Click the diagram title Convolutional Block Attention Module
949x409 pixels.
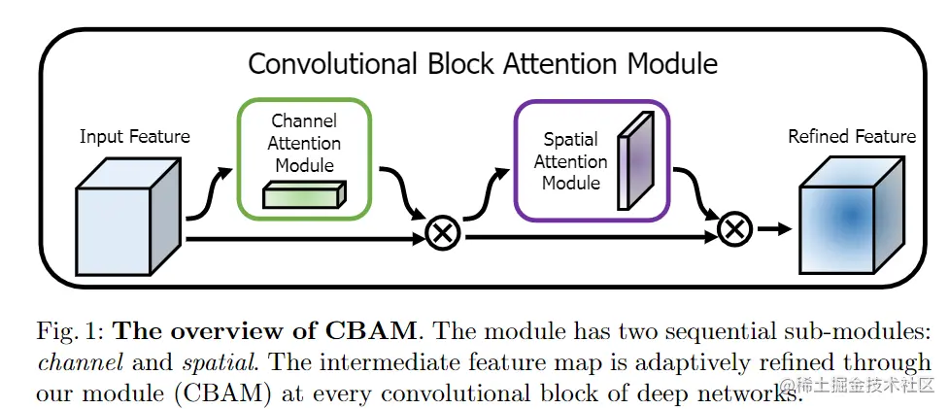(x=483, y=64)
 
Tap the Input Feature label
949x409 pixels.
(x=134, y=137)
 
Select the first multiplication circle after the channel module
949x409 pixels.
(x=443, y=234)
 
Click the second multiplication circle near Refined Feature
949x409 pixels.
(x=735, y=230)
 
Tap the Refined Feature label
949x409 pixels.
(x=851, y=137)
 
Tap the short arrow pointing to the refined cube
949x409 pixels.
(x=773, y=230)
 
